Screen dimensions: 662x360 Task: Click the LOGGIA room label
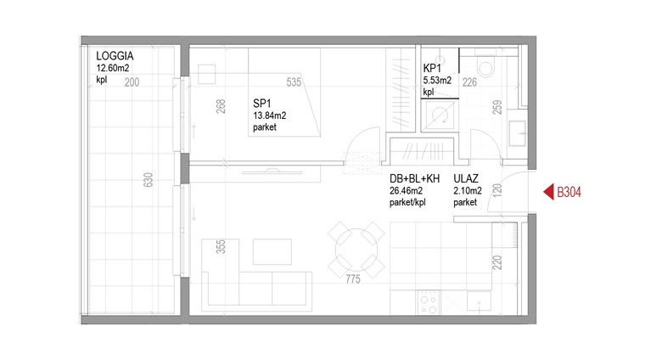(115, 56)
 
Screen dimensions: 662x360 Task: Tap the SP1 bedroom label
(261, 103)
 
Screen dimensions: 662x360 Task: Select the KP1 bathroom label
(432, 69)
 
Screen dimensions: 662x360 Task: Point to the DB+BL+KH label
(414, 179)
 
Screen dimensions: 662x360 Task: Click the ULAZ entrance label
(466, 179)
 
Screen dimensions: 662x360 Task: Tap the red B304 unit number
(569, 192)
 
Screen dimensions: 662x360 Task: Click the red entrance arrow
(548, 192)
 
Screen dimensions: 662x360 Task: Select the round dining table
(356, 250)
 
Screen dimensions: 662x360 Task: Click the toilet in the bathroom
(485, 65)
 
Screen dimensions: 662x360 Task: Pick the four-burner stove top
(428, 302)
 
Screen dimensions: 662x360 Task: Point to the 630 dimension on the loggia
(148, 180)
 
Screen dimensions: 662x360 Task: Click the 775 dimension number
(352, 278)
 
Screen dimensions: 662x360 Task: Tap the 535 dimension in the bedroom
(294, 82)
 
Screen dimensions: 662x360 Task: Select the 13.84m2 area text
(269, 115)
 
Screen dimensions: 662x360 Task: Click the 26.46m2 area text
(406, 191)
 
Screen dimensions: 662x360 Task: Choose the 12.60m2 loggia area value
(112, 68)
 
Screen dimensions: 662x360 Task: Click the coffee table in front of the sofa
(272, 252)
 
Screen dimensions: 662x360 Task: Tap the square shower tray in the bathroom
(440, 115)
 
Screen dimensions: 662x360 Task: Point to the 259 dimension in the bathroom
(497, 107)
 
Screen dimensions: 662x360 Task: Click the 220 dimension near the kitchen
(497, 262)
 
